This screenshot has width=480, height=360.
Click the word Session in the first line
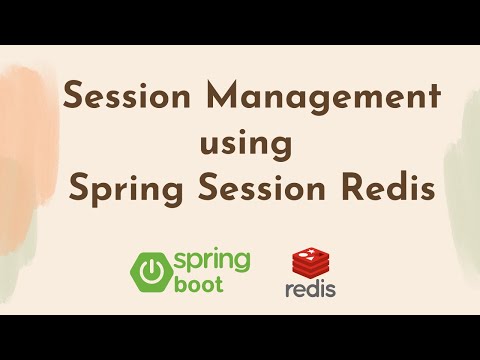tap(117, 99)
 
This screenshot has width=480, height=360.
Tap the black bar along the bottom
tap(240, 337)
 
